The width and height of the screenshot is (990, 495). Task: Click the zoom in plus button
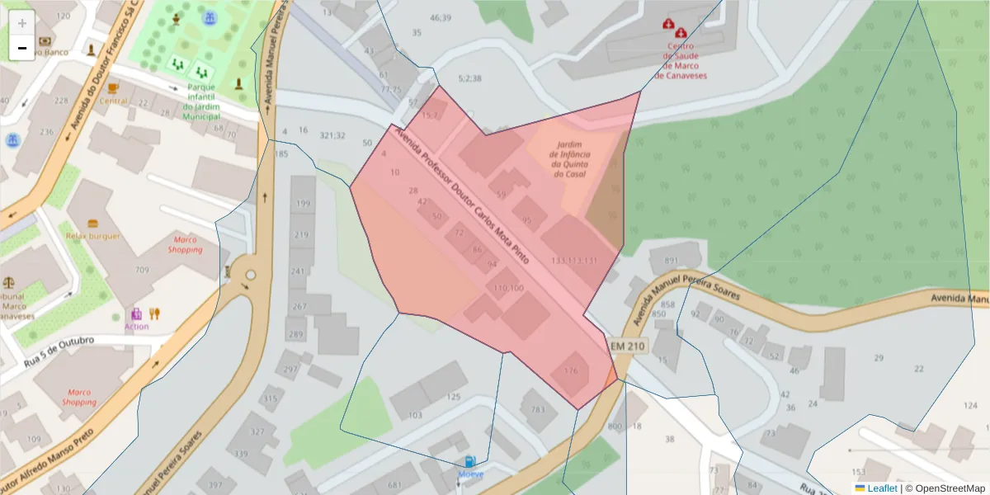pos(22,23)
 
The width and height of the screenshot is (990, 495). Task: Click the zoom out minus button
pos(22,48)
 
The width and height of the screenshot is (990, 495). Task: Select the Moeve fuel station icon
pos(469,462)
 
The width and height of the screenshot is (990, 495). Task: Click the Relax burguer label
pos(93,236)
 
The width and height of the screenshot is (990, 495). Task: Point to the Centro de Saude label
pos(682,60)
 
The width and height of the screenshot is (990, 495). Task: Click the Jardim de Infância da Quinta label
pos(571,159)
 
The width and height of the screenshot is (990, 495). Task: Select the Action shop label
pos(136,326)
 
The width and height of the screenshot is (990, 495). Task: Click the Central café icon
pos(113,87)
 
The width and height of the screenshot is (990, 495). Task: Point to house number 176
pos(571,371)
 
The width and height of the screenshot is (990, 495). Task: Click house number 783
pos(538,410)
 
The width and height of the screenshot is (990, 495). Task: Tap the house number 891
pos(672,261)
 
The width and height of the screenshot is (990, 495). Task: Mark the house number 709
pos(142,271)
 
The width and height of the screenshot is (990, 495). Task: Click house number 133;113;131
pos(573,261)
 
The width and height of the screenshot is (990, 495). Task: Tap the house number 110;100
pos(508,288)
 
